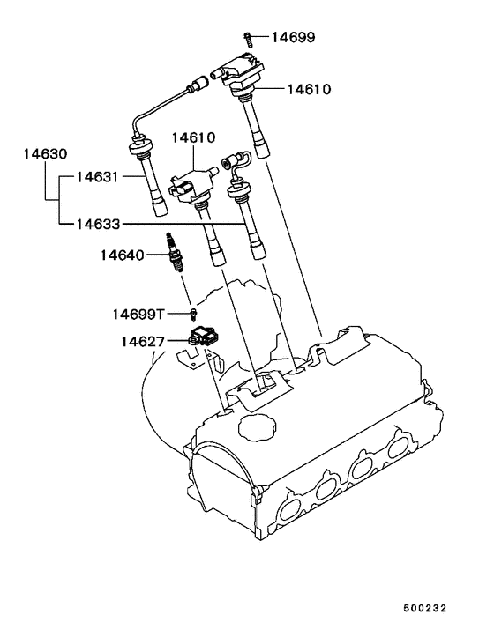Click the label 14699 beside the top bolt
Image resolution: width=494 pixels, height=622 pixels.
tap(292, 37)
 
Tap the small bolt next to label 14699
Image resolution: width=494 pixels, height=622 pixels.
tap(250, 36)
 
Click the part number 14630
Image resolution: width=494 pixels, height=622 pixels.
tap(45, 154)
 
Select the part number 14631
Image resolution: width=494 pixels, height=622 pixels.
tap(96, 176)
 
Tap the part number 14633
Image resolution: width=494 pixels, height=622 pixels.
tap(96, 225)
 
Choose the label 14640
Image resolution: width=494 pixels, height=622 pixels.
tap(122, 255)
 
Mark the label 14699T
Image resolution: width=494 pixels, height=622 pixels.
tap(138, 314)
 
